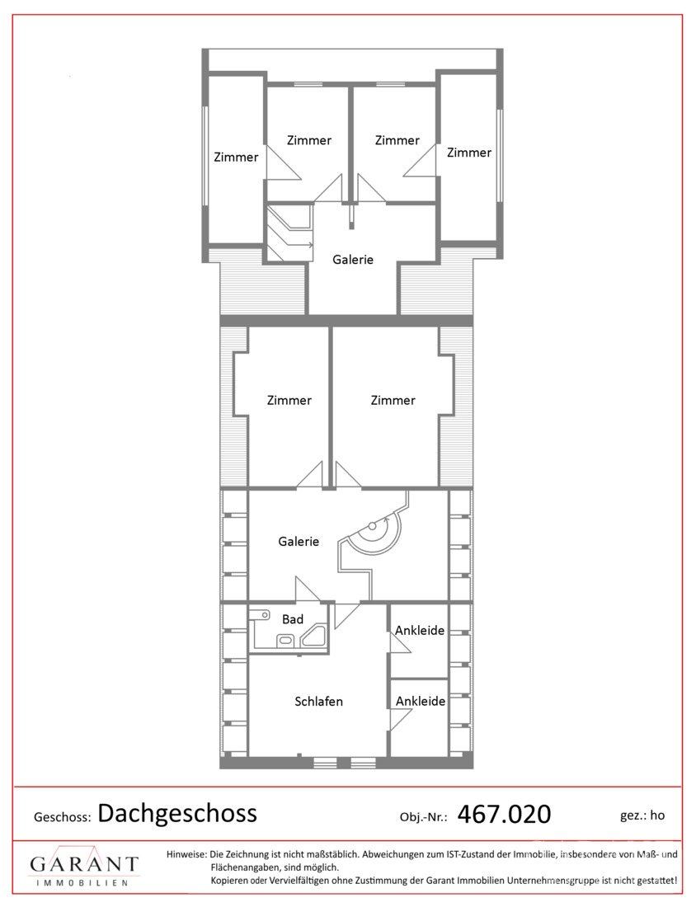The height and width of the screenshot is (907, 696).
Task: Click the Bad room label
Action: pyautogui.click(x=293, y=619)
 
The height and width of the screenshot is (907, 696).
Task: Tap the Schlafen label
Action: pyautogui.click(x=319, y=702)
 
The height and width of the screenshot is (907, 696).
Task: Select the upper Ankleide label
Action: pyautogui.click(x=420, y=631)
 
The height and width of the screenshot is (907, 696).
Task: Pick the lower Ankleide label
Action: pyautogui.click(x=421, y=701)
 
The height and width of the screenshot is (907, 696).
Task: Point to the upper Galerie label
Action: pyautogui.click(x=353, y=260)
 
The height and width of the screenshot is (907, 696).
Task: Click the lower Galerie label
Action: pyautogui.click(x=299, y=542)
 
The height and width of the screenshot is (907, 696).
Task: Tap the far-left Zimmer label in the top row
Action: pyautogui.click(x=236, y=157)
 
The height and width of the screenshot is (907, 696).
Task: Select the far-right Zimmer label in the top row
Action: pyautogui.click(x=469, y=153)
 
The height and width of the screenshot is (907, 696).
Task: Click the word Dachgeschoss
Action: pyautogui.click(x=177, y=814)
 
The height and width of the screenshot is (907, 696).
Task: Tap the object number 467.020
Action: pyautogui.click(x=504, y=815)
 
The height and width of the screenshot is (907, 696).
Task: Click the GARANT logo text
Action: pyautogui.click(x=84, y=865)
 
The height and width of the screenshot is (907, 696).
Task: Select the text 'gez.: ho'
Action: pyautogui.click(x=642, y=815)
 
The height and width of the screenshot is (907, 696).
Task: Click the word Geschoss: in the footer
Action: pyautogui.click(x=63, y=817)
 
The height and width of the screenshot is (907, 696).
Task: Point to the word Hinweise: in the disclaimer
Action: pyautogui.click(x=186, y=854)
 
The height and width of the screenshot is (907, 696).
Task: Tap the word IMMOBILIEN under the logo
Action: pyautogui.click(x=82, y=883)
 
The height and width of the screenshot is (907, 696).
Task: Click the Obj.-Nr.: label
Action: pyautogui.click(x=423, y=817)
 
